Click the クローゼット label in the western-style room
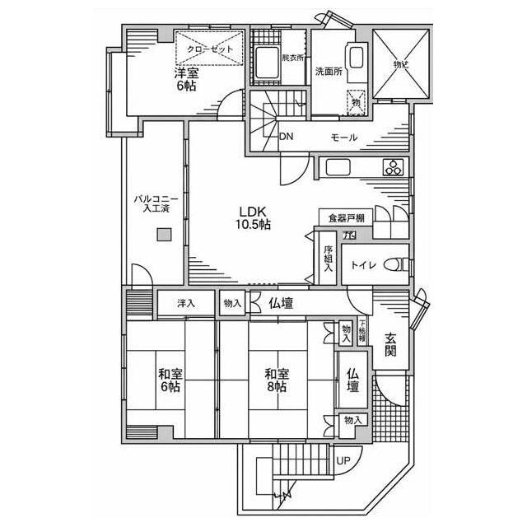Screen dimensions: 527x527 click(x=210, y=49)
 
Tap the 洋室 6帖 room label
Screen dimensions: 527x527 click(x=185, y=79)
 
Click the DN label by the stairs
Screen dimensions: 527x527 click(x=286, y=137)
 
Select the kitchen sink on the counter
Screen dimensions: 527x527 click(x=340, y=168)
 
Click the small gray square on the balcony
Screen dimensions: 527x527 click(x=165, y=236)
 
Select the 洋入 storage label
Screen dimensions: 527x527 click(x=186, y=303)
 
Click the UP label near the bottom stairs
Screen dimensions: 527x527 click(x=342, y=461)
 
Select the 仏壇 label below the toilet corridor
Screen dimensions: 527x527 click(x=281, y=303)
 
